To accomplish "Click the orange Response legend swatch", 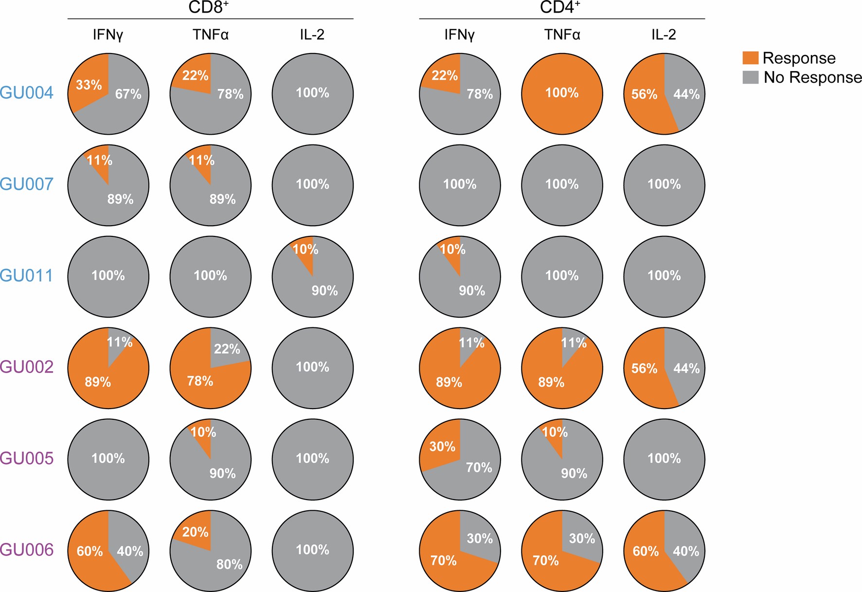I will click(x=750, y=58).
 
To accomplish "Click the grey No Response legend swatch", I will click(x=750, y=77).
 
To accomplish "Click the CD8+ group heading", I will click(x=209, y=8).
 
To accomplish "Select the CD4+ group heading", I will click(x=560, y=8).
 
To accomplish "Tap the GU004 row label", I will click(x=27, y=93).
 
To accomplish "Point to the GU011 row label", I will click(x=27, y=276).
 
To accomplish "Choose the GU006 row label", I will click(x=27, y=550).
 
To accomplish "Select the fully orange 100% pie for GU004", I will click(x=562, y=93).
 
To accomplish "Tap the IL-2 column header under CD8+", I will click(x=312, y=35).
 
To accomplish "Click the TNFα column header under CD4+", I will click(x=562, y=35).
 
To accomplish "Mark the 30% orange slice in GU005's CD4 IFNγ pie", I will click(x=441, y=446).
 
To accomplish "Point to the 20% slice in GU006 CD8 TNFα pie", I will click(x=195, y=532).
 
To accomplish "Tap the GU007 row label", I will click(x=27, y=184).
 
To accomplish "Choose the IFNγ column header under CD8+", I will click(x=108, y=35).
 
